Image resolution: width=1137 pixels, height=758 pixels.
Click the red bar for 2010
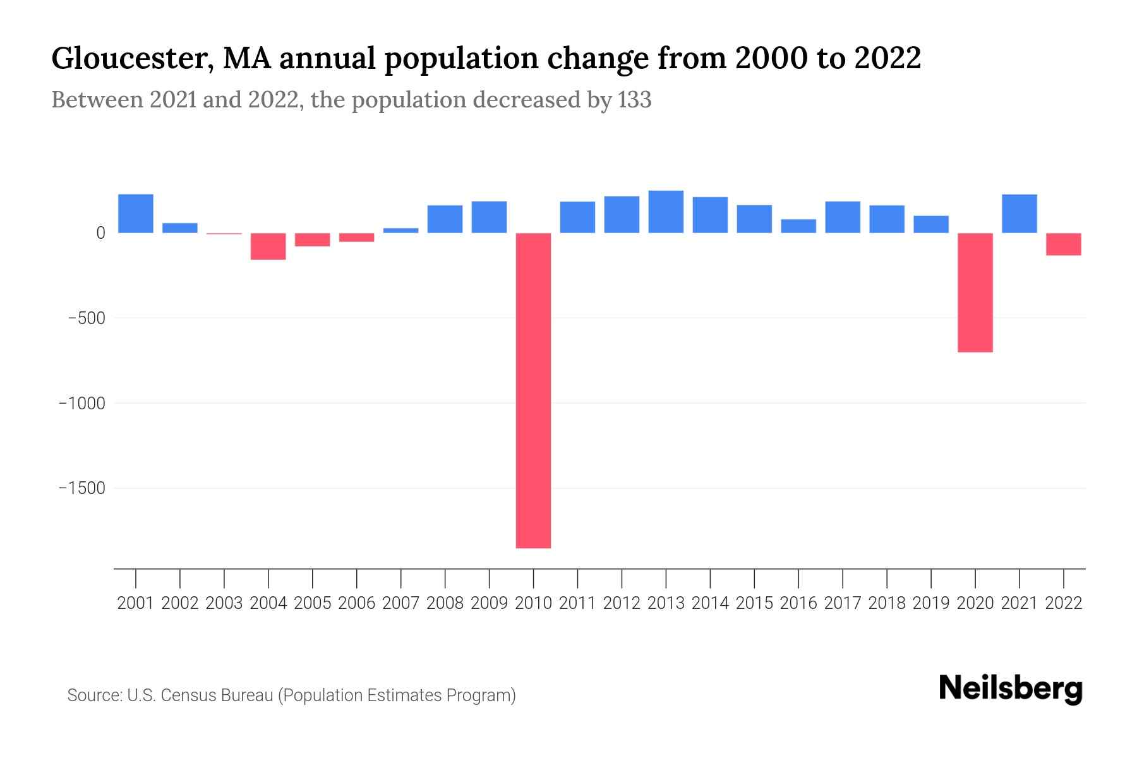click(533, 390)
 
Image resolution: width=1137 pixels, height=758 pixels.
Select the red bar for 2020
click(975, 292)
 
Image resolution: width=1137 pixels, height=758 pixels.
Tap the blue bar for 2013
click(666, 212)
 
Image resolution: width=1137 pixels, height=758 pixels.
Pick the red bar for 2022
click(1063, 244)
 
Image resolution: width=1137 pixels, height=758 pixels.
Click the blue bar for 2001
click(136, 214)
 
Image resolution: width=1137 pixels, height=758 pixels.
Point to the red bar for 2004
click(268, 246)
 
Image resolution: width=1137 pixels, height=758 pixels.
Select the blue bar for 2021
click(1019, 214)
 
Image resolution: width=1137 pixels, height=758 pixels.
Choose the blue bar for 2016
click(798, 226)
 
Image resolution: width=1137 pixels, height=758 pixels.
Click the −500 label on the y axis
click(87, 318)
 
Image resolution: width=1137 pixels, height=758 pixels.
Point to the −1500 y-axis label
click(82, 488)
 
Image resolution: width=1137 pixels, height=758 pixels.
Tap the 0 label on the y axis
click(100, 233)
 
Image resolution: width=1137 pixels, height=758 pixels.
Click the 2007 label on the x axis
click(400, 603)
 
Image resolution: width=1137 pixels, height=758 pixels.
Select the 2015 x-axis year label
click(754, 603)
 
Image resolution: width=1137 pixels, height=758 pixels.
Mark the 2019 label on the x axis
click(930, 603)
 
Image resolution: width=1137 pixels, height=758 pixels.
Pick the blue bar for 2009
click(489, 217)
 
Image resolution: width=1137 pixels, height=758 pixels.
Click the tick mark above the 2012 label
click(622, 578)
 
